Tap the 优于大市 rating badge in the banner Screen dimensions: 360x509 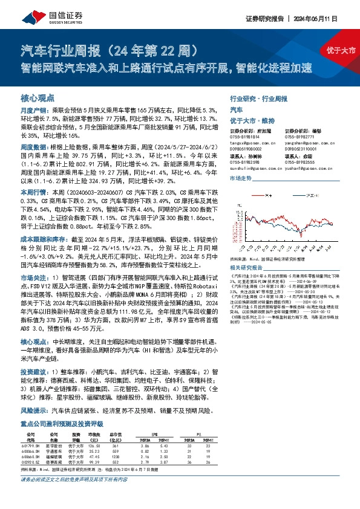coord(341,50)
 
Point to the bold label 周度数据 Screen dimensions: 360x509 coord(32,147)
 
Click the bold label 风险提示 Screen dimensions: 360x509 coord(32,409)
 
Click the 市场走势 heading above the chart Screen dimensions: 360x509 coord(241,180)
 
